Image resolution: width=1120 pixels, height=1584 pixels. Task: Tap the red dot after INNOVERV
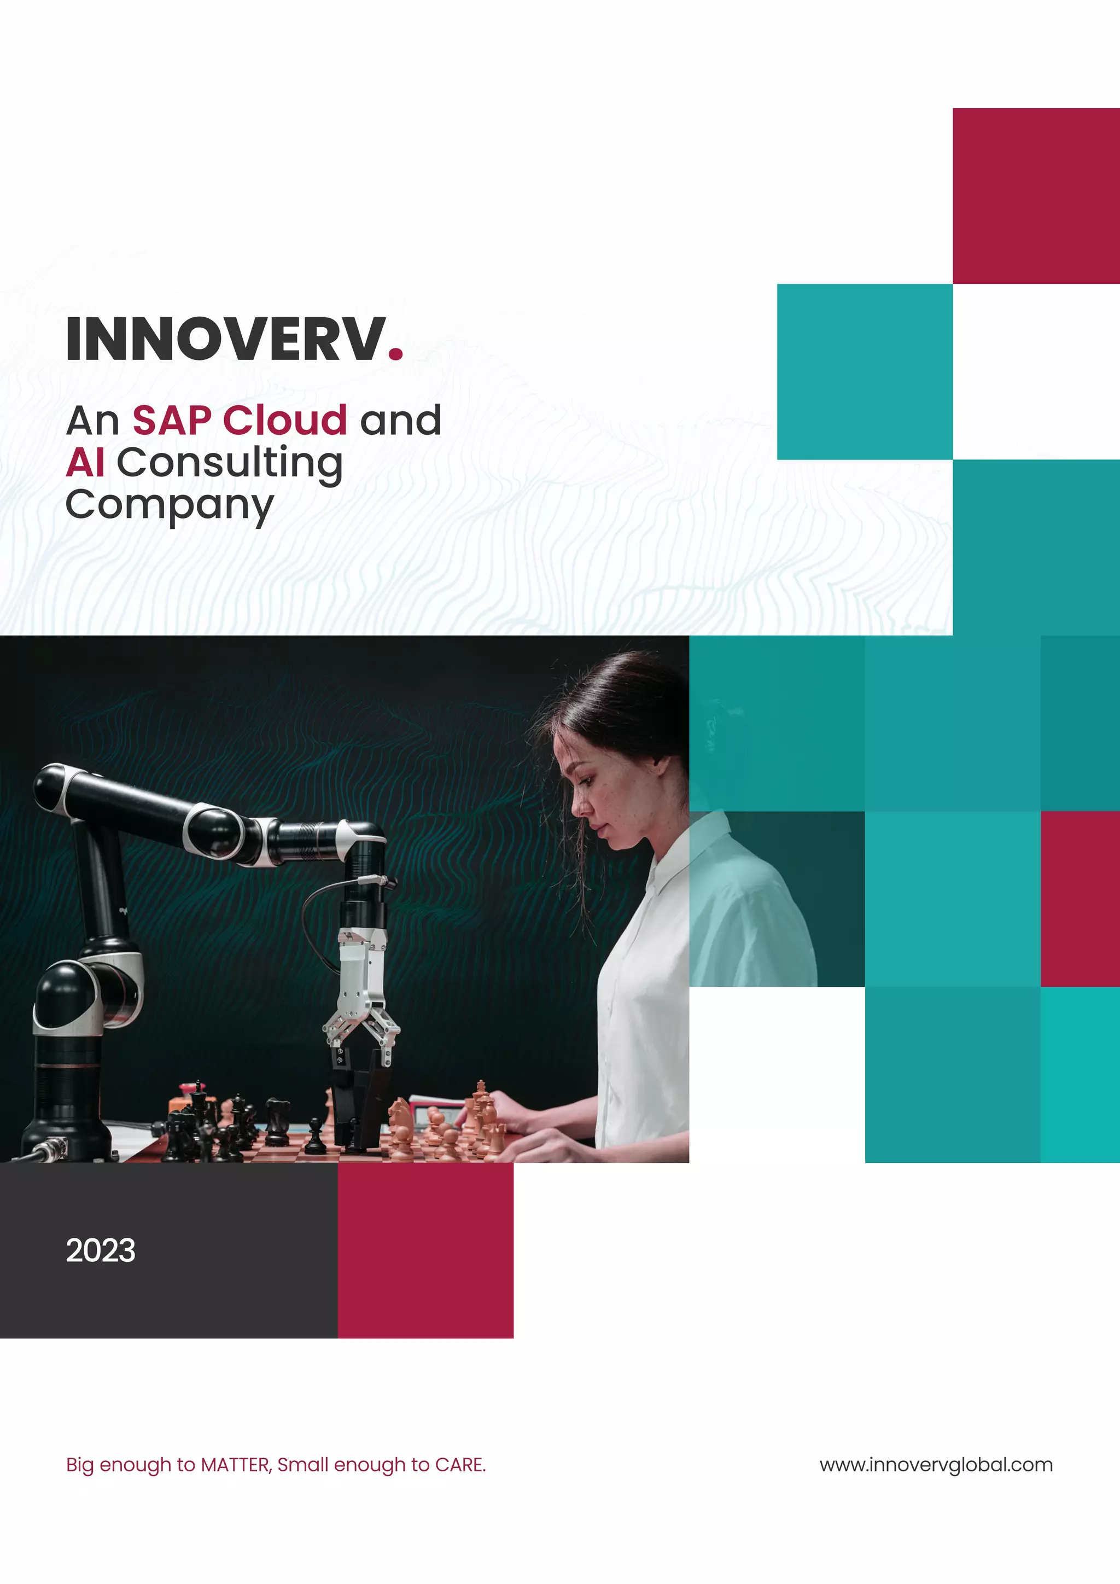395,353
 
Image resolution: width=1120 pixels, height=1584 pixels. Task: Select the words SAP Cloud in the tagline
240,420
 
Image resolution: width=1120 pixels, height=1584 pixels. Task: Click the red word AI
85,462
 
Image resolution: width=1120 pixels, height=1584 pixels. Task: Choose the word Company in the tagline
169,506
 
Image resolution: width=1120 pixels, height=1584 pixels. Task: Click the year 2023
101,1250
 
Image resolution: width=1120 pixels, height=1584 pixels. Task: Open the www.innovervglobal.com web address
936,1465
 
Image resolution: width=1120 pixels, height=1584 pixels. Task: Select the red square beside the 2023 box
425,1250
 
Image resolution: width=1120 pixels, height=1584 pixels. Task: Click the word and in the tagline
400,420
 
